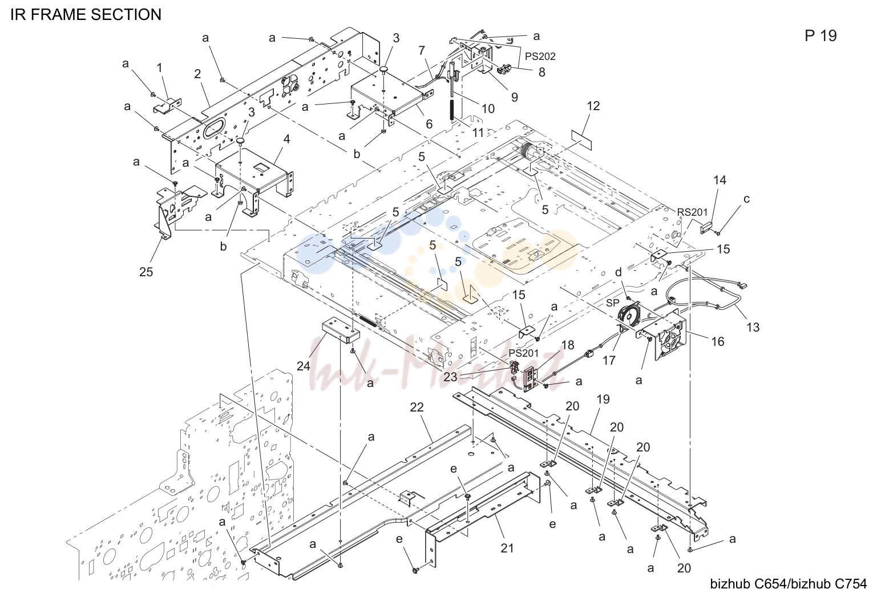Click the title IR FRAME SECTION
pos(86,15)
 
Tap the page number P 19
pos(821,35)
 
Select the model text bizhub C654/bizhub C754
pos(789,584)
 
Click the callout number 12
pos(593,106)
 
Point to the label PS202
pos(540,57)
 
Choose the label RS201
pos(692,212)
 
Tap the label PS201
pos(523,353)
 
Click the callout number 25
pos(146,272)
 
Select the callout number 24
pos(304,366)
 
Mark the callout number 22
pos(417,408)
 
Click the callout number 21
pos(507,548)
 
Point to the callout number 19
pos(603,399)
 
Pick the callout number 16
pos(718,341)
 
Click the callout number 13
pos(753,327)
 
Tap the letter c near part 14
pos(746,199)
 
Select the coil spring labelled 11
pos(451,110)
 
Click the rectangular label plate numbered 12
pos(582,140)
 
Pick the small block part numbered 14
pos(706,227)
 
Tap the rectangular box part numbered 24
pos(341,330)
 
